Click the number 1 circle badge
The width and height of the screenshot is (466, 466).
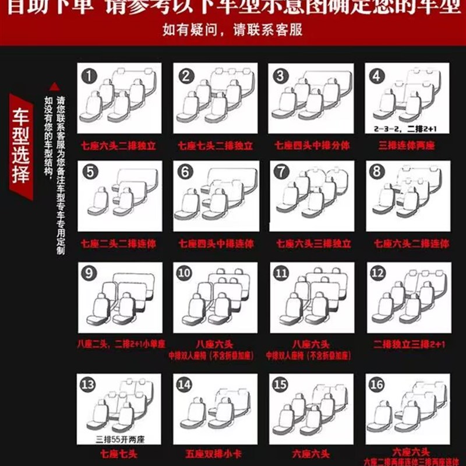[89, 76]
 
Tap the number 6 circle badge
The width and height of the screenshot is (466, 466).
[185, 172]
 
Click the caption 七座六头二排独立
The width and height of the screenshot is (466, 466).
[119, 144]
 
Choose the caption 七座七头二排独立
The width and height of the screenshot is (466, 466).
[216, 144]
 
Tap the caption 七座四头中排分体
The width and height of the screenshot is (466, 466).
[313, 144]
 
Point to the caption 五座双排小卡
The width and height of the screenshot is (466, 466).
[216, 452]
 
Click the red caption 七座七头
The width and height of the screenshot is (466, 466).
[119, 452]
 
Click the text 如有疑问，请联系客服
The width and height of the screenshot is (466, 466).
[233, 30]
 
